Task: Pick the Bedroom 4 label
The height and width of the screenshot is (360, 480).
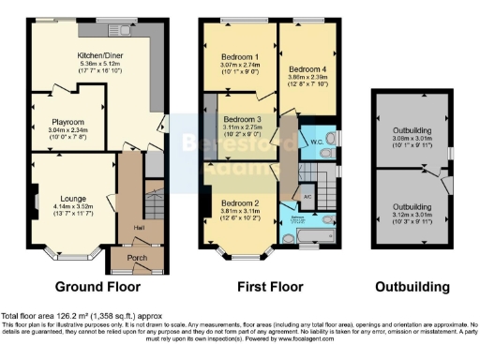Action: tap(307, 68)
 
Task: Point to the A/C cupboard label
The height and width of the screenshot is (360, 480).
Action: tap(307, 196)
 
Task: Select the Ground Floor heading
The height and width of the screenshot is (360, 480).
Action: tap(97, 286)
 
